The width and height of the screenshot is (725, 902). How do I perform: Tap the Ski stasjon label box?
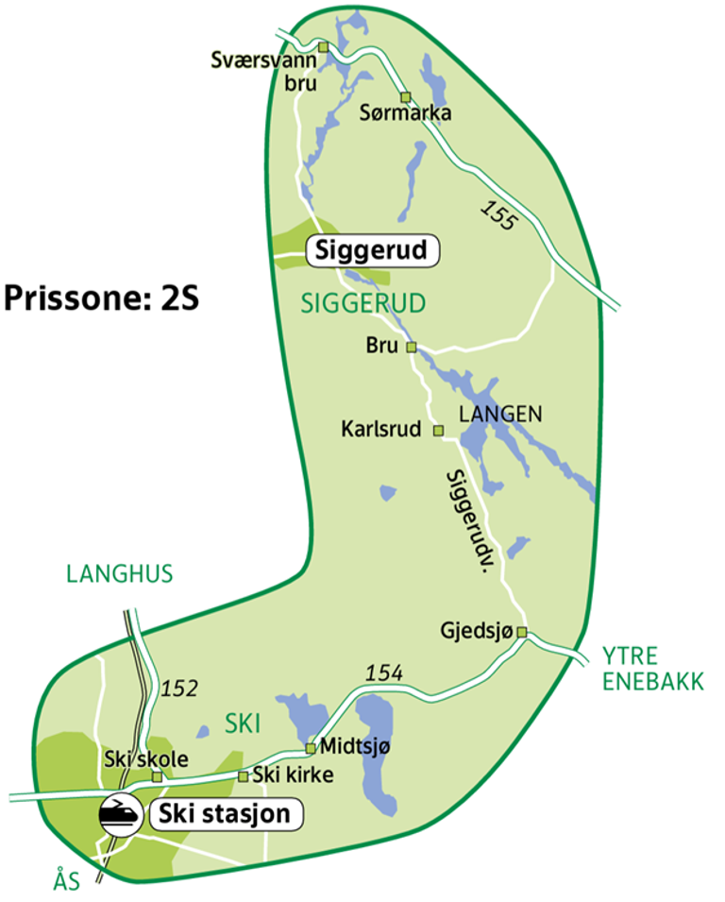pos(226,814)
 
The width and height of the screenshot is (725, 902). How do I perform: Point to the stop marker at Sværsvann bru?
pos(323,46)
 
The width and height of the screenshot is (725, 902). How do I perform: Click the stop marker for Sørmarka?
pos(405,97)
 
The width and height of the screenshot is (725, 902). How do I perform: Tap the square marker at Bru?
pos(411,347)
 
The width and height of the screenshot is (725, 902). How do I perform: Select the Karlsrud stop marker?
pos(438,431)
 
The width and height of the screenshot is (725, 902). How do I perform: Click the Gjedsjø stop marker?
pos(521,633)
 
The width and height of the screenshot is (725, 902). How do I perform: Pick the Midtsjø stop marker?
pos(310,748)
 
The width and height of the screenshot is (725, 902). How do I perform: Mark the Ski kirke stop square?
pos(243,776)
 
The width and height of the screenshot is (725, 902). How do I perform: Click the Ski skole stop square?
pos(158,776)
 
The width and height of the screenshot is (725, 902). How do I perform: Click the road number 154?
pos(384,672)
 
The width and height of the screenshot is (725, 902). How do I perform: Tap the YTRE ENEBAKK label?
pos(652,668)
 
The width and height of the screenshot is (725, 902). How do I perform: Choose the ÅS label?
pos(66,881)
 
